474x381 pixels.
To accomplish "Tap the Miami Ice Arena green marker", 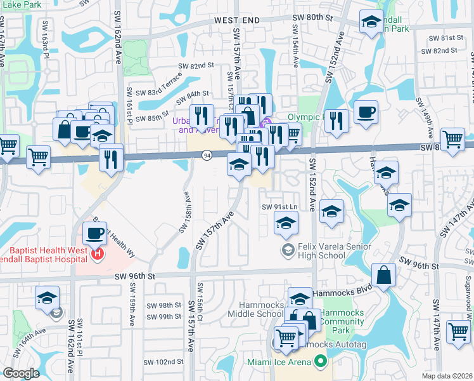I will [320, 362].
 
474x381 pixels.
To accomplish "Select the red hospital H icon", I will [98, 256].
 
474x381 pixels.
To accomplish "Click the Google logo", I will [21, 373].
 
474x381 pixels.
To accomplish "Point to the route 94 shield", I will [207, 156].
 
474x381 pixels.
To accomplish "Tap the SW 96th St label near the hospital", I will [134, 276].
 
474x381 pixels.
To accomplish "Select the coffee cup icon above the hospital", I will [95, 233].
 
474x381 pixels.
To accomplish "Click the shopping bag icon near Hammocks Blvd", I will [383, 276].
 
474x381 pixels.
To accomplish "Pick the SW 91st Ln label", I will [279, 207].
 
